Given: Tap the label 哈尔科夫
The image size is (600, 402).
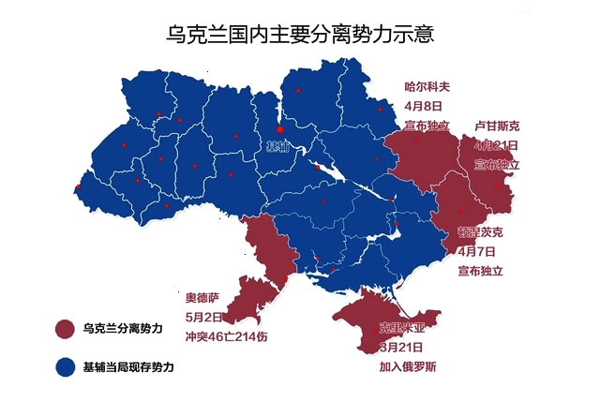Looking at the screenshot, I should [x=427, y=86].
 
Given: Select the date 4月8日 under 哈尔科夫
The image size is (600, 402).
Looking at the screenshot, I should [x=427, y=105].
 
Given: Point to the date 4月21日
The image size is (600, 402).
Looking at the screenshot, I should [x=496, y=145].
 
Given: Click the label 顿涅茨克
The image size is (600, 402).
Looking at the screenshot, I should [x=480, y=231].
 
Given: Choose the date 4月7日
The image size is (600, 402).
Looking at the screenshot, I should [x=479, y=251].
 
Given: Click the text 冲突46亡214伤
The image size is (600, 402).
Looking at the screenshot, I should [x=226, y=337].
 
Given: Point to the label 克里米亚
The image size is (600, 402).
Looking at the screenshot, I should [x=401, y=328].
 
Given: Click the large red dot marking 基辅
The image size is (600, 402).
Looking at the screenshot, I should [x=279, y=129].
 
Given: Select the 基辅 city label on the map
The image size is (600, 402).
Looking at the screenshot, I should [x=278, y=147].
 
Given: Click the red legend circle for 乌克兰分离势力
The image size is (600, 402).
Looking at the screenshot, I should [x=65, y=329].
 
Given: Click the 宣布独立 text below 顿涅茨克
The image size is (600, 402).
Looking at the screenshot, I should [x=480, y=271].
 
